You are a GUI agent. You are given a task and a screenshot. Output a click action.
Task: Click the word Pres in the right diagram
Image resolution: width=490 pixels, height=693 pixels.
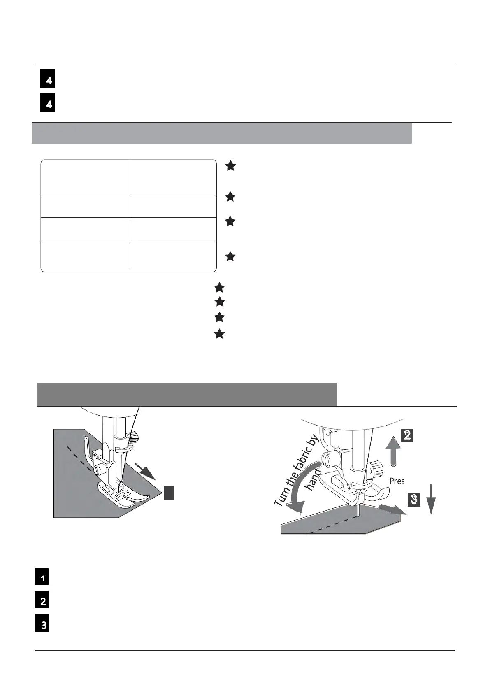click(x=397, y=481)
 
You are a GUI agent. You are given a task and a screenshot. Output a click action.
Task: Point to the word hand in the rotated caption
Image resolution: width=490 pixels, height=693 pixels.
click(x=313, y=479)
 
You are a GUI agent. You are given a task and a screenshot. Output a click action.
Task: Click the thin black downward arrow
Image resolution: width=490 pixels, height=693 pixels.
click(x=430, y=500)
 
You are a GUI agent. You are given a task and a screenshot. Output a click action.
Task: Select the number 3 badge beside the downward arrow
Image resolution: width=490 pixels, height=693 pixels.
click(x=413, y=500)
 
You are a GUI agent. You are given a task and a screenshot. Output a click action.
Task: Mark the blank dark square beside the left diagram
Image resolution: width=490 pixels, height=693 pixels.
click(x=168, y=493)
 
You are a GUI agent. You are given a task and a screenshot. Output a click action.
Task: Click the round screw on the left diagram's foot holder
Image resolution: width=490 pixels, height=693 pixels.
click(x=99, y=469)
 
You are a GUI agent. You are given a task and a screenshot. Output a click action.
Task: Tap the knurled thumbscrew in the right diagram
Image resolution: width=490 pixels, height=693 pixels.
click(x=374, y=467)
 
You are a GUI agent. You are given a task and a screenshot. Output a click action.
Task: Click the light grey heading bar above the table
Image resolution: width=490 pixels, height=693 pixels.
click(x=222, y=133)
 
